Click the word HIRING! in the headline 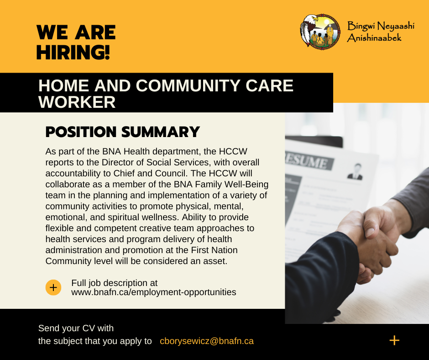pyautogui.click(x=73, y=53)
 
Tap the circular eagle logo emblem pyautogui.click(x=320, y=32)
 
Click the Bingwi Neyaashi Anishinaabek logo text pyautogui.click(x=381, y=32)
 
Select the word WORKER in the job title pyautogui.click(x=77, y=102)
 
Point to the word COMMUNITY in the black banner pyautogui.click(x=188, y=85)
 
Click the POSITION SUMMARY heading pyautogui.click(x=123, y=132)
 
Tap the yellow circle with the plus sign pyautogui.click(x=53, y=287)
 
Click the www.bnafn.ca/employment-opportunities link pyautogui.click(x=154, y=292)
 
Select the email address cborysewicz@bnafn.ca pyautogui.click(x=207, y=341)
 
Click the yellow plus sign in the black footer pyautogui.click(x=394, y=340)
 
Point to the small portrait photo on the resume pyautogui.click(x=356, y=171)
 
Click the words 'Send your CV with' pyautogui.click(x=76, y=328)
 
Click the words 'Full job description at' pyautogui.click(x=115, y=283)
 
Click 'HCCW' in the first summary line pyautogui.click(x=233, y=152)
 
